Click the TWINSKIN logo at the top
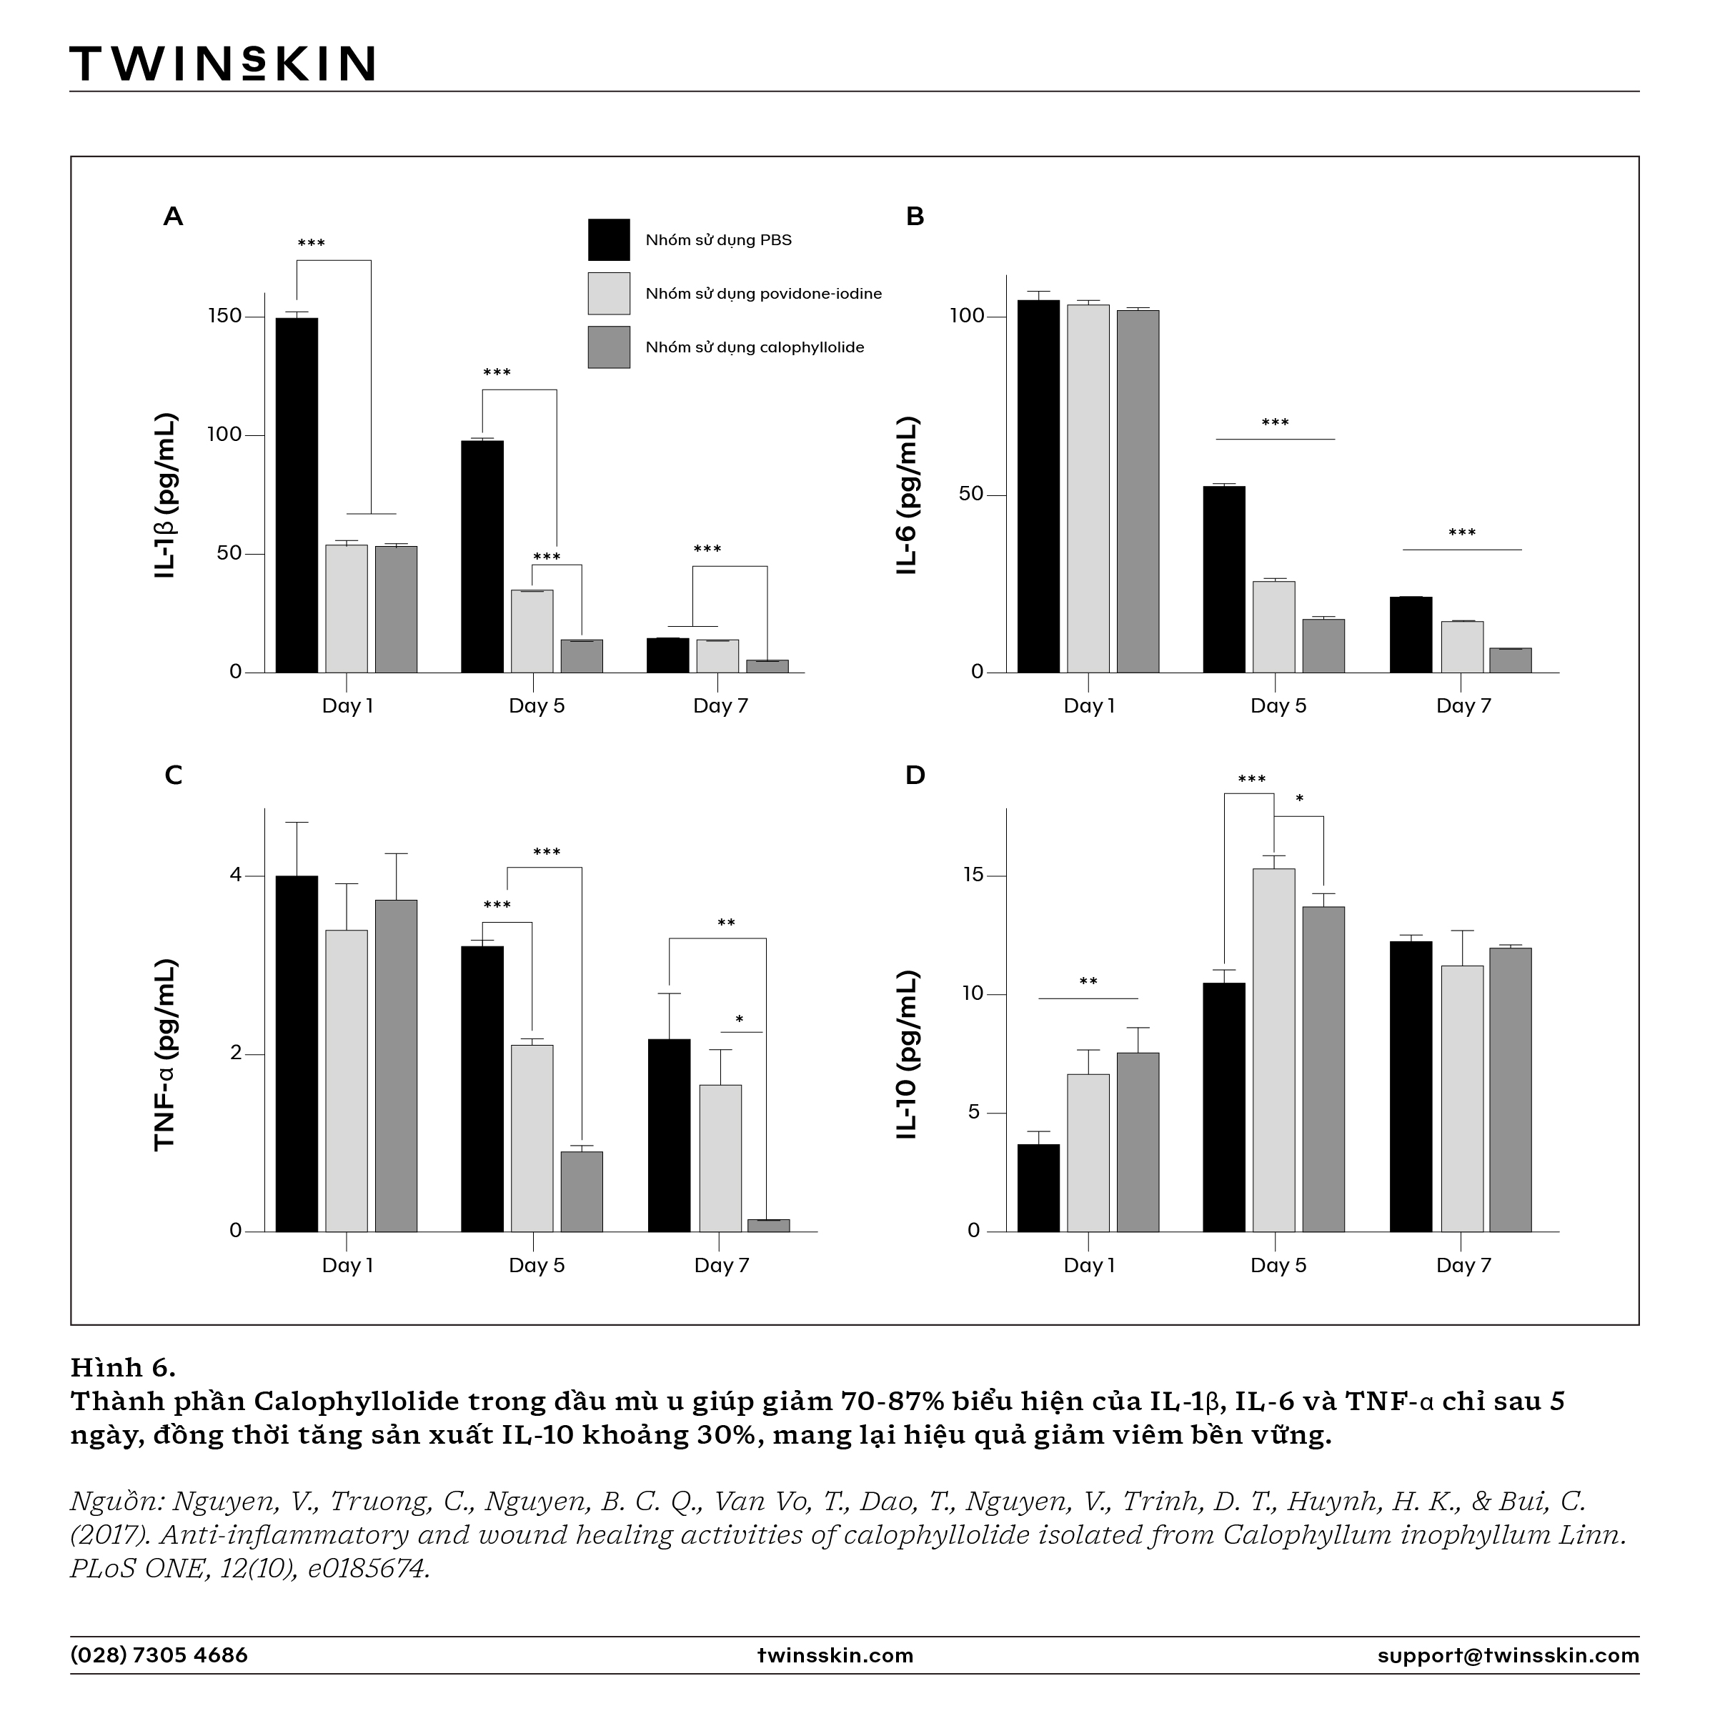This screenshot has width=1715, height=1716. point(222,64)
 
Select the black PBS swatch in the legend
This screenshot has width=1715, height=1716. point(610,240)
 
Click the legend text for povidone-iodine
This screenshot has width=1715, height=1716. point(764,294)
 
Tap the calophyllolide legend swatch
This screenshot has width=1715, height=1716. point(610,347)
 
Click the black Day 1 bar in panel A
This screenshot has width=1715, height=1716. point(297,495)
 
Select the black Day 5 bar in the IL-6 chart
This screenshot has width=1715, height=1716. point(1224,579)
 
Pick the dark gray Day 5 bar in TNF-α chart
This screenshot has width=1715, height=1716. point(582,1191)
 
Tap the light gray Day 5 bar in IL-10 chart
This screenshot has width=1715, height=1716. point(1273,1050)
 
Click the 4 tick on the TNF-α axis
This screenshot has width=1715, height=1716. point(235,876)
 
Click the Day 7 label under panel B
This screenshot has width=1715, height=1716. point(1463,706)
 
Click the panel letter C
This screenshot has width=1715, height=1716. point(173,775)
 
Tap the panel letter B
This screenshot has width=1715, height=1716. point(915,216)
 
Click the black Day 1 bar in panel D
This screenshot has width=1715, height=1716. point(1038,1188)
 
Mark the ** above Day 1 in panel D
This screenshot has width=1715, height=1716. point(1088,981)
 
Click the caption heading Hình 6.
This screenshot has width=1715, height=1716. point(124,1366)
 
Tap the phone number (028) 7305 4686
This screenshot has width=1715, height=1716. point(159,1655)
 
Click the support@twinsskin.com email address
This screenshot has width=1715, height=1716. point(1508,1655)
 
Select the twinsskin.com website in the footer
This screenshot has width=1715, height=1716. point(835,1655)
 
